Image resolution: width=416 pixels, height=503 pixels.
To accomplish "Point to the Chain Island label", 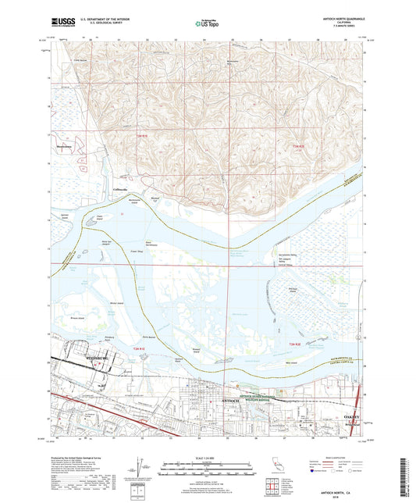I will click(99, 219).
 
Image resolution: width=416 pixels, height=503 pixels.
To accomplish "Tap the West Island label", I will click(292, 362).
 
